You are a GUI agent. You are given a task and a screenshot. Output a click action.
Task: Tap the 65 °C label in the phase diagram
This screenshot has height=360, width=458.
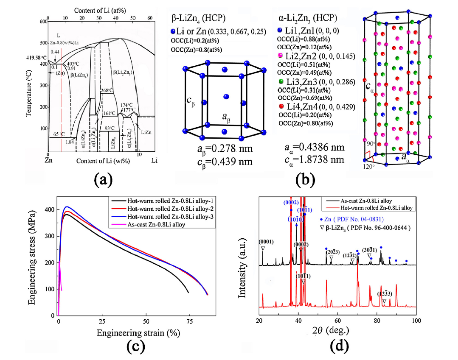59,134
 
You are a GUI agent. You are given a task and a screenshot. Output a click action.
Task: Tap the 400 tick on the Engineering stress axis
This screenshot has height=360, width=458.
50,210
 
